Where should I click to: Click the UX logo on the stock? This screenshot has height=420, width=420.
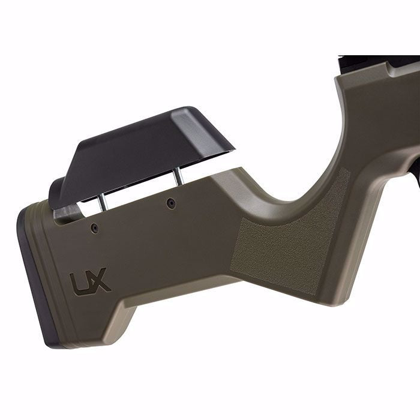click(x=90, y=281)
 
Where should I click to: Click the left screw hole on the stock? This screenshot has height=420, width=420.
click(x=94, y=227)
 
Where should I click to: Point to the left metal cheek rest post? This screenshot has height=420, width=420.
click(x=103, y=203)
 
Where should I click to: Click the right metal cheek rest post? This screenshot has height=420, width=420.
click(x=178, y=176)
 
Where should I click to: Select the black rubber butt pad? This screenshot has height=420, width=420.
click(x=30, y=276)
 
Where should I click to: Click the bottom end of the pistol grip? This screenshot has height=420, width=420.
click(x=336, y=300)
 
